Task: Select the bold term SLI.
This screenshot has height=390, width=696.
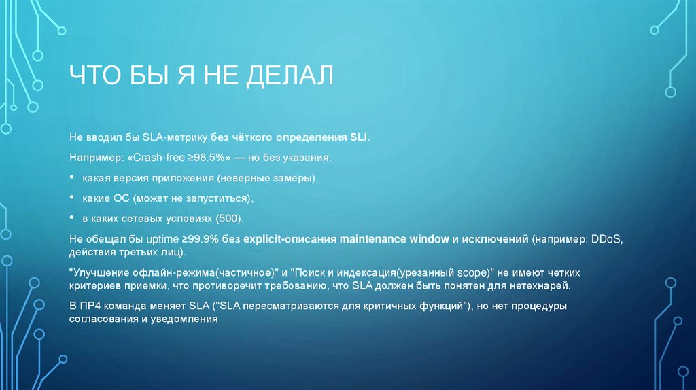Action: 359,137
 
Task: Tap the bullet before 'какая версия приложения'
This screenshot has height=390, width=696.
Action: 73,177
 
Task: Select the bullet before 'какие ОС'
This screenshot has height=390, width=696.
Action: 73,198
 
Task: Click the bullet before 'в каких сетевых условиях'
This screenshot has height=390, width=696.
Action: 73,219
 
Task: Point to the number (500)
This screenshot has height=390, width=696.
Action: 229,219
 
